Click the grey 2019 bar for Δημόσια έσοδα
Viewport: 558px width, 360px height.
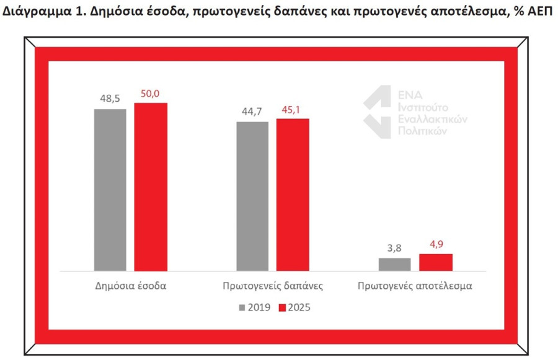tap(110, 190)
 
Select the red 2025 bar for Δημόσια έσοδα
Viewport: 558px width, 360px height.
tap(151, 187)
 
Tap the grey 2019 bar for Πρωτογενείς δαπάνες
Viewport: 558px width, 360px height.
tap(252, 196)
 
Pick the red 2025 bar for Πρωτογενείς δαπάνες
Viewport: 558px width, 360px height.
tap(293, 195)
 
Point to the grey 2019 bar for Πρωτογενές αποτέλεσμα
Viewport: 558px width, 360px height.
tap(394, 264)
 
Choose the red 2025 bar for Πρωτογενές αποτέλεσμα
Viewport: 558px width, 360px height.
tap(435, 262)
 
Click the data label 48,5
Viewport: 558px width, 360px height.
tap(110, 98)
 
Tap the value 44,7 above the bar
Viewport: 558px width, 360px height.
tap(252, 112)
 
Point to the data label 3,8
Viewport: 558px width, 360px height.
tap(394, 248)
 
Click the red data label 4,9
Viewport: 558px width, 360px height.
tap(435, 244)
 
